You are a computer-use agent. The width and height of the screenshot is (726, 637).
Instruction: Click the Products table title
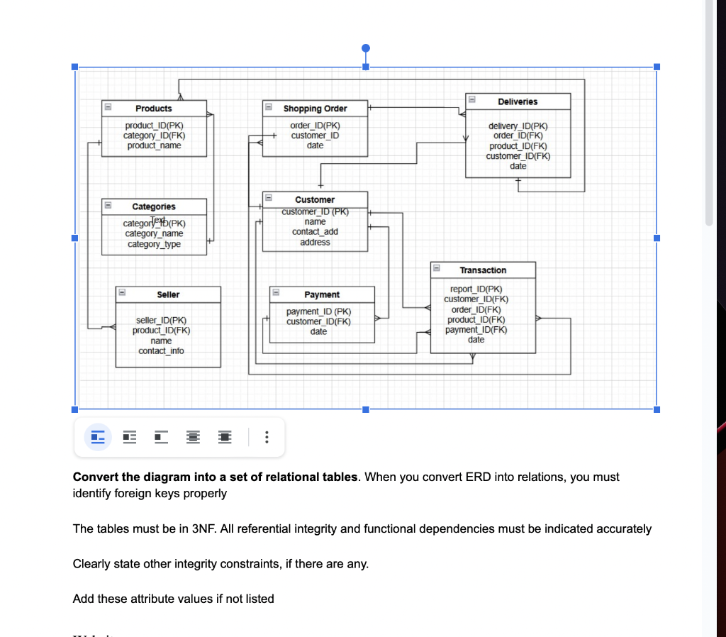coord(154,109)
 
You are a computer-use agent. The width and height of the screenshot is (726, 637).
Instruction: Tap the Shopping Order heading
coord(315,109)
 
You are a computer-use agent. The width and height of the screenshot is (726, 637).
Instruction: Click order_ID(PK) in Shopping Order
coord(315,126)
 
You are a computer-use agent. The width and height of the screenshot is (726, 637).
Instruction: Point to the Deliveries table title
coord(518,101)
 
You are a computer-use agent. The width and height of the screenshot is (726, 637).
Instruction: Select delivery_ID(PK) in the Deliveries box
coord(518,126)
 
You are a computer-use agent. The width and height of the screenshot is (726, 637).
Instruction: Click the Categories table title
coord(154,206)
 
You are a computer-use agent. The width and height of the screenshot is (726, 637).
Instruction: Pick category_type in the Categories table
coord(154,244)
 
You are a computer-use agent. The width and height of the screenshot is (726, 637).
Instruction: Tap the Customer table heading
coord(315,200)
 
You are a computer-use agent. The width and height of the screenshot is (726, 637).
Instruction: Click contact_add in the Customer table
coord(315,232)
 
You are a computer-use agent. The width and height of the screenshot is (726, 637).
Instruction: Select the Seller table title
coord(168,294)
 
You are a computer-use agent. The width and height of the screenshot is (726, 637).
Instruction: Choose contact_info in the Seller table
coord(161,351)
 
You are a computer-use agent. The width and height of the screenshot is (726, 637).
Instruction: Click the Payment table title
coord(322,294)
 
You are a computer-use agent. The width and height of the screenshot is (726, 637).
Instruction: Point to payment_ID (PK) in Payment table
coord(318,311)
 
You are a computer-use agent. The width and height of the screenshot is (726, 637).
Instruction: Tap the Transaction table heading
coord(483,270)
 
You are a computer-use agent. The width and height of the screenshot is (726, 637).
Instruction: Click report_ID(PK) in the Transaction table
coord(476,289)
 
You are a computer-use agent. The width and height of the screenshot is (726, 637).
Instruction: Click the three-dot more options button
coord(266,437)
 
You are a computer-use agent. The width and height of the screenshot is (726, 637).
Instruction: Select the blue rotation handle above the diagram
coord(366,48)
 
